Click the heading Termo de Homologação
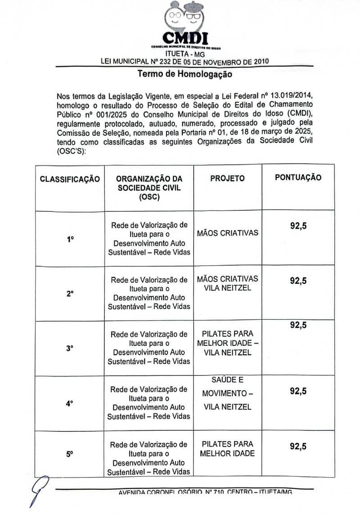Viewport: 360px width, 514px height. [185, 74]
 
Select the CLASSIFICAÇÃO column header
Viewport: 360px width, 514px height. [70, 179]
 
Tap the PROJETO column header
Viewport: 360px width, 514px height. [227, 179]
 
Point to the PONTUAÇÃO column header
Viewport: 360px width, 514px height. [298, 178]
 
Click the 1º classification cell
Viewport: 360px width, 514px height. [70, 240]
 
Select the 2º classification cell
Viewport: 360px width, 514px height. [70, 294]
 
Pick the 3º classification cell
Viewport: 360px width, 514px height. [70, 348]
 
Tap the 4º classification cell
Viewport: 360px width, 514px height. [70, 403]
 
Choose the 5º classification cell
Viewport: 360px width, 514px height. [70, 454]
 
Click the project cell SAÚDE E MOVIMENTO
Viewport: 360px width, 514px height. [227, 393]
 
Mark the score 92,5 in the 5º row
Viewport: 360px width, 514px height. [298, 447]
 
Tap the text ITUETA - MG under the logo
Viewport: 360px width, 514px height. [185, 55]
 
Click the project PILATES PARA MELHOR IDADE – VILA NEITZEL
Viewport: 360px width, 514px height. [227, 343]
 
